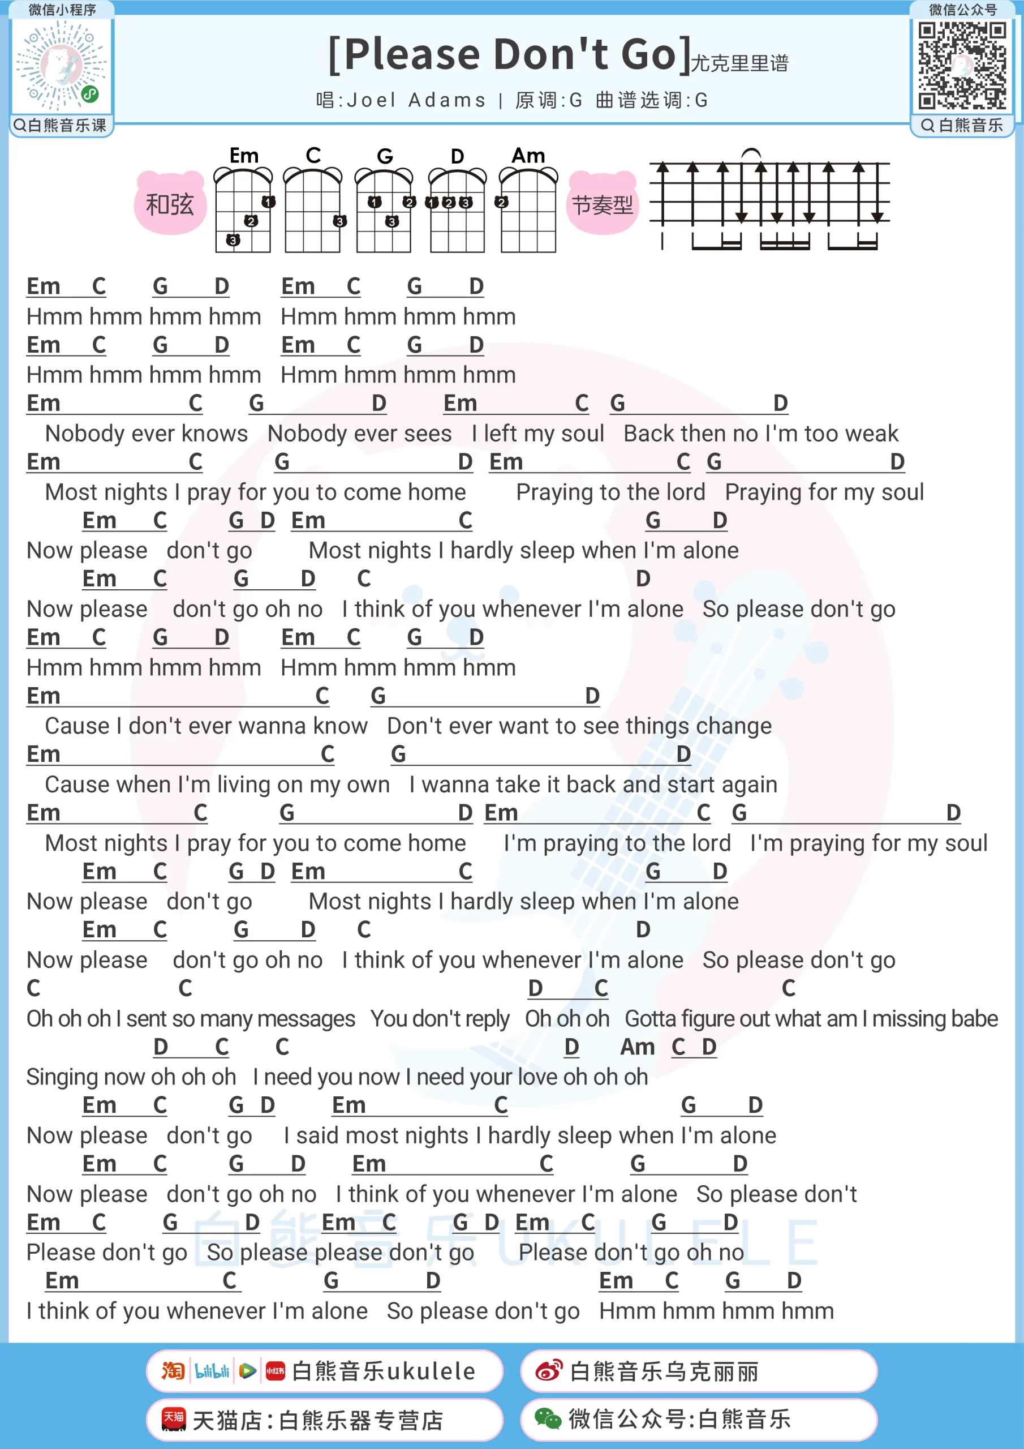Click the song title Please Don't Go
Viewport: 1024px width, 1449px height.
coord(510,54)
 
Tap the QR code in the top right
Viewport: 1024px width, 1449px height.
coord(962,65)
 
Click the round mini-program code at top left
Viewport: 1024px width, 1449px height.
coord(61,65)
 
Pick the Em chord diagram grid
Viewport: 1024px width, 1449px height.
coord(243,212)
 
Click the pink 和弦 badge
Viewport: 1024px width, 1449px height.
coord(170,204)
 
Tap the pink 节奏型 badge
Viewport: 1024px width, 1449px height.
coord(602,204)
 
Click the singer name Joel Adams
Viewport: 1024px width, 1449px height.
coord(416,100)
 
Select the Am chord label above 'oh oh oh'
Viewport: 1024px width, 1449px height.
coord(637,1047)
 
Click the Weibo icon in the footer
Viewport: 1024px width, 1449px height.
coord(548,1371)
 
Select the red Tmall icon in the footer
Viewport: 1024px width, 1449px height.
coord(174,1420)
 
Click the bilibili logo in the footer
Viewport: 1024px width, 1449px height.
coord(212,1371)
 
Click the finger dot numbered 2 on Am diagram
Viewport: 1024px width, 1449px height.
coord(502,203)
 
